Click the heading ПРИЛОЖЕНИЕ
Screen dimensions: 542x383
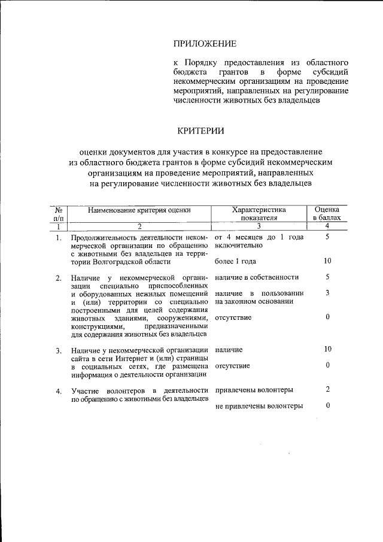[x=205, y=44]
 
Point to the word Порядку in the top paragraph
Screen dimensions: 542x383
[x=202, y=63]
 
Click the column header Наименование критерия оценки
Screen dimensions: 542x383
[x=139, y=210]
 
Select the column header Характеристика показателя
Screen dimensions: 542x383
[x=259, y=214]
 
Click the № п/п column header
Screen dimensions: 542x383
[x=58, y=214]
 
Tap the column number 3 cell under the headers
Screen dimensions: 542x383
[x=259, y=226]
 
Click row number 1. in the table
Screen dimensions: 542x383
[x=58, y=238]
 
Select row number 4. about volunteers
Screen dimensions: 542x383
[x=58, y=392]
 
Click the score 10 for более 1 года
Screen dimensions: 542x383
[x=327, y=261]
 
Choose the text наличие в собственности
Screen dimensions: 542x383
[x=256, y=277]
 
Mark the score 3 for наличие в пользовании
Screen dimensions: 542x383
[x=327, y=293]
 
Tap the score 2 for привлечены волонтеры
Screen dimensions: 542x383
[x=327, y=390]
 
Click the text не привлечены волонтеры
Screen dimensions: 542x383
[x=259, y=406]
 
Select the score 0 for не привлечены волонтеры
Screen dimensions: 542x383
[x=327, y=406]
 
